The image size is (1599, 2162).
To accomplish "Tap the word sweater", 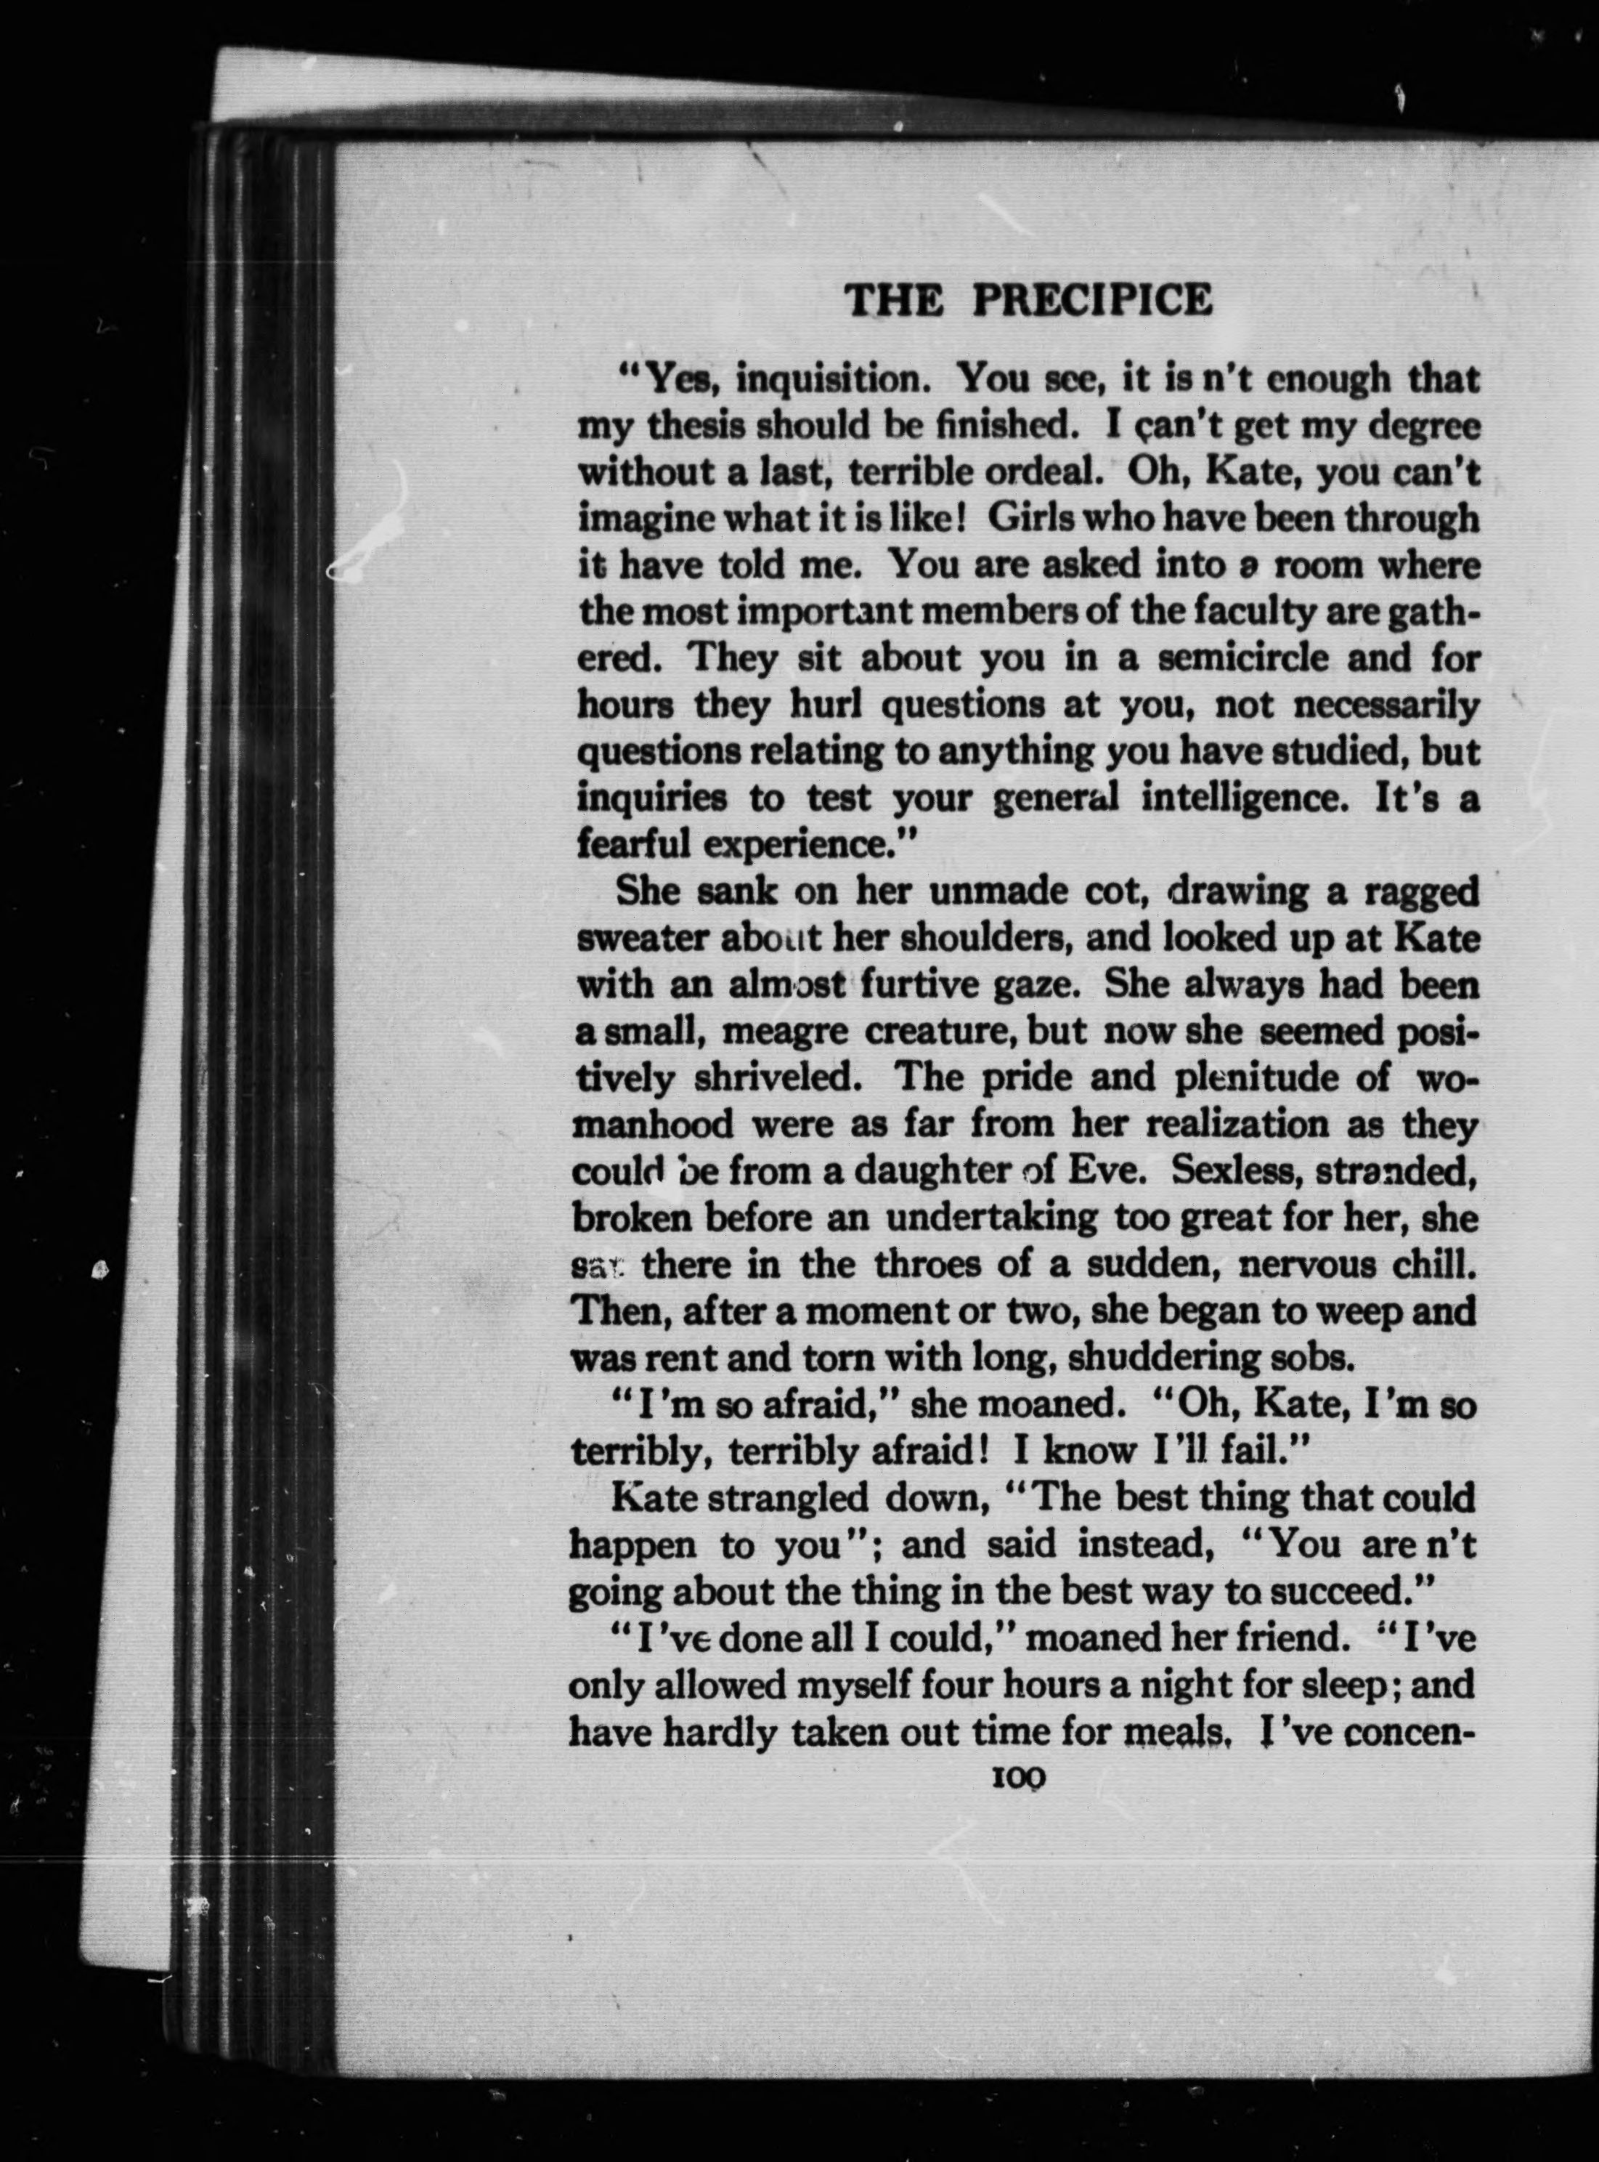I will [640, 939].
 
